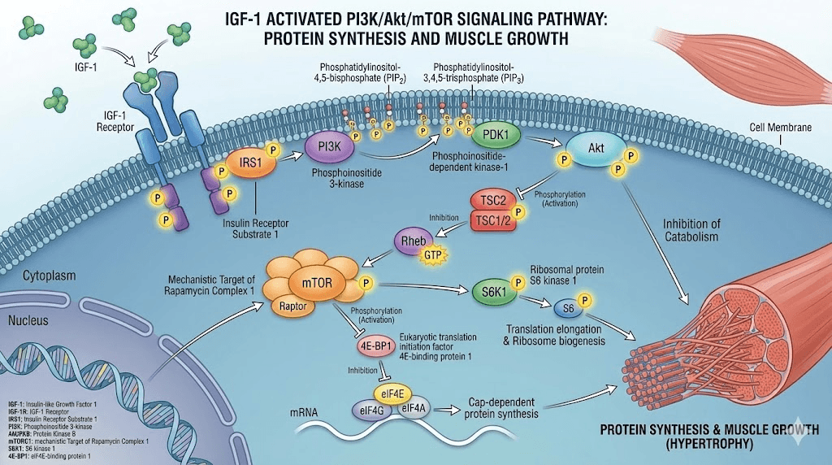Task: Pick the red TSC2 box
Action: pos(492,202)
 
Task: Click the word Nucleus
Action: pos(28,321)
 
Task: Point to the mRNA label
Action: pos(303,412)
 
